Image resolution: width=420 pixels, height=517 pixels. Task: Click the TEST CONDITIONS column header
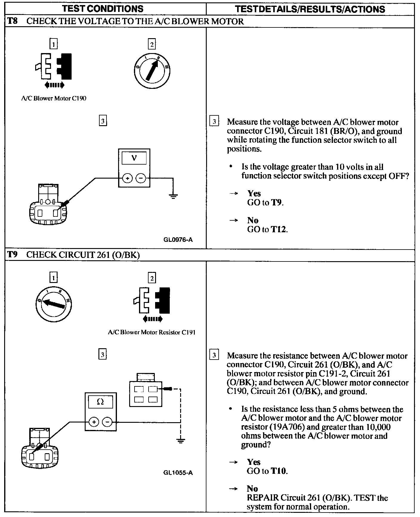click(103, 9)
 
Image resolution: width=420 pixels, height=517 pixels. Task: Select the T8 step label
click(12, 21)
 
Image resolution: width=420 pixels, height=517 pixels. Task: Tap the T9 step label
click(12, 255)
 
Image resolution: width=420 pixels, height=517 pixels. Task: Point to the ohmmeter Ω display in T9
click(101, 402)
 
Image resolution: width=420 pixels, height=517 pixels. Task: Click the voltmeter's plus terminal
click(127, 179)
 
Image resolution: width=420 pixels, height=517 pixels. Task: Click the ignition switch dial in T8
click(152, 71)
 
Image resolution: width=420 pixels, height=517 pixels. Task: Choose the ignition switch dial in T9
click(53, 304)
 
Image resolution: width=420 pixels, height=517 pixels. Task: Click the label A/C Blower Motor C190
click(54, 98)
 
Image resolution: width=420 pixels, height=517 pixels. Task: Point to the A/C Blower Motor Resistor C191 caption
click(152, 332)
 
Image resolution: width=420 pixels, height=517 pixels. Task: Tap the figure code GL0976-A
click(178, 240)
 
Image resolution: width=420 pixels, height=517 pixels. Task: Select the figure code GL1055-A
click(178, 473)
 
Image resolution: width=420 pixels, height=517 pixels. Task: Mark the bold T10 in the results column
click(279, 471)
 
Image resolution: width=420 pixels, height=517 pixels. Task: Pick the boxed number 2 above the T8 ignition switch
click(152, 45)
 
